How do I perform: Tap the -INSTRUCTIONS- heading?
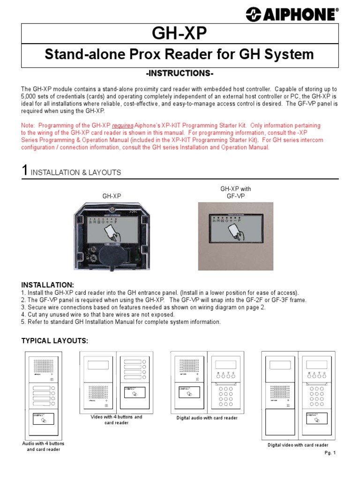click(x=180, y=74)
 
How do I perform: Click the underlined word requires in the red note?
click(x=120, y=126)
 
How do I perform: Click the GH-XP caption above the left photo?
click(x=112, y=196)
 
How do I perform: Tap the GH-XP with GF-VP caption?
click(x=235, y=193)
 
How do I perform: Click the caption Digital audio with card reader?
click(x=207, y=418)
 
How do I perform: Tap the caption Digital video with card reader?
click(x=298, y=445)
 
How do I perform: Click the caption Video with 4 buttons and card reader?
click(x=116, y=420)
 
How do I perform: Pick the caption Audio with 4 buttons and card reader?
click(x=44, y=446)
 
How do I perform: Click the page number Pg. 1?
click(x=330, y=453)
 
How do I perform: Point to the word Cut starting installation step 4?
click(x=33, y=315)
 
